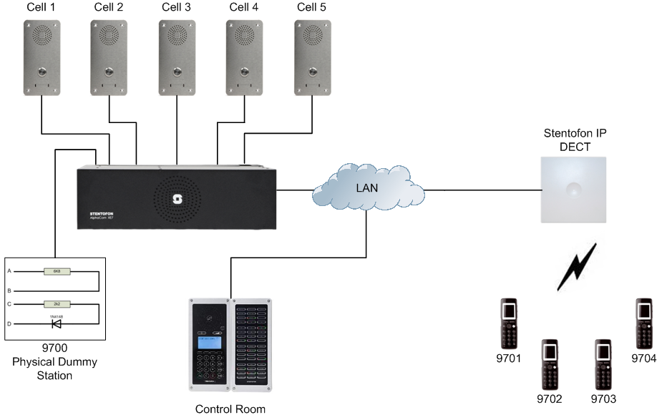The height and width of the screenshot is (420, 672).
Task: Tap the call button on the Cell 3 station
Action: (x=176, y=72)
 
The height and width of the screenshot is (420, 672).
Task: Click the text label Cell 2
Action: (x=109, y=8)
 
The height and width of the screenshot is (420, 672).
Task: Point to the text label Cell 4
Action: (x=244, y=8)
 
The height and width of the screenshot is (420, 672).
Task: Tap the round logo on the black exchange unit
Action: (x=177, y=200)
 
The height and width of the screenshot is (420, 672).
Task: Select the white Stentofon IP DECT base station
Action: (x=573, y=190)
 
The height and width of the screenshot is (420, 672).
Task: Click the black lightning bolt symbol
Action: (x=577, y=267)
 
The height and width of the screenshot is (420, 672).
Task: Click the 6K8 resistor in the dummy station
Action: (x=56, y=272)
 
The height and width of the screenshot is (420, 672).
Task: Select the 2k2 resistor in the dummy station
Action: (x=56, y=304)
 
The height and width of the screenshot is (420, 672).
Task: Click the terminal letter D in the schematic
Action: (x=9, y=324)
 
